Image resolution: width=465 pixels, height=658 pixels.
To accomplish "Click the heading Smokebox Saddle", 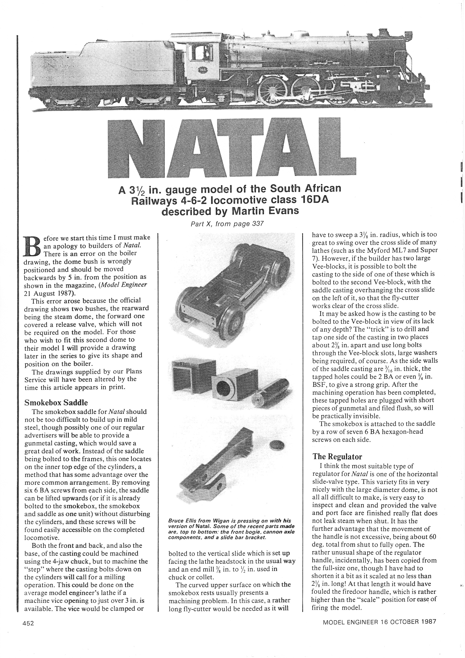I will tap(56, 402).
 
